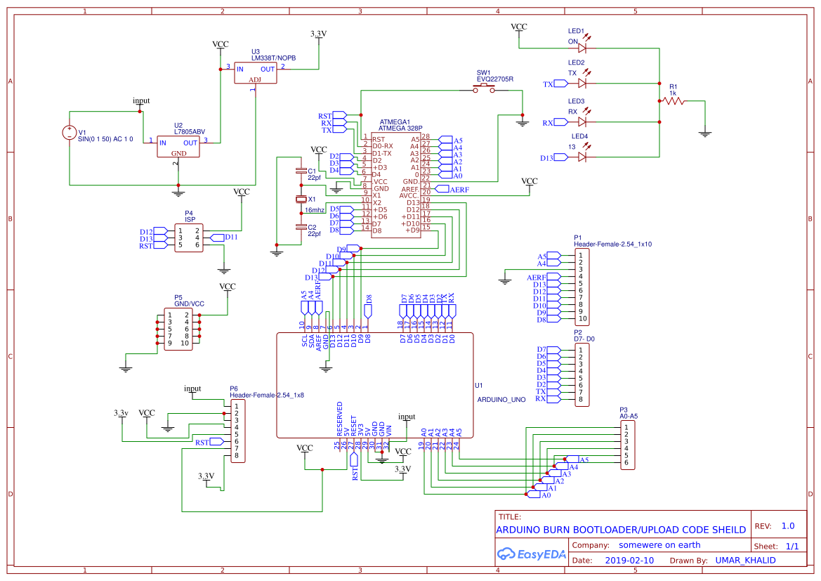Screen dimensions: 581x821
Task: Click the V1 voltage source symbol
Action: [x=70, y=132]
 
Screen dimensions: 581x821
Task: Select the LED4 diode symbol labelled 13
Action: [x=582, y=157]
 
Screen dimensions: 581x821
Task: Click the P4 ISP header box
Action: [x=188, y=237]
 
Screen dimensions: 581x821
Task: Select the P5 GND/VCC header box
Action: [x=178, y=329]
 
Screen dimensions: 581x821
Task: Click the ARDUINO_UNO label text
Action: [x=501, y=399]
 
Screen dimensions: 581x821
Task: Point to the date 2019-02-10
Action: [x=629, y=561]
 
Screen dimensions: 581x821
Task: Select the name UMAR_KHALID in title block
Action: [x=745, y=561]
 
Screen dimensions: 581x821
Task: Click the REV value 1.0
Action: [x=788, y=526]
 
